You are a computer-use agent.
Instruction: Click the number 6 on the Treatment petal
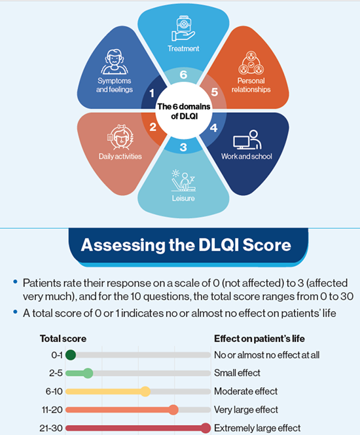[x=183, y=75]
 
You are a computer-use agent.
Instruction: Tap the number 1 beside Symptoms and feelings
[x=152, y=93]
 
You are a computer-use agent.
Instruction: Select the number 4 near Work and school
[x=213, y=128]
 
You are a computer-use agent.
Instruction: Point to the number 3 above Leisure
[x=183, y=147]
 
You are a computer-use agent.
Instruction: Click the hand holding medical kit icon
[x=183, y=29]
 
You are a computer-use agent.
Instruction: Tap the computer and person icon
[x=247, y=140]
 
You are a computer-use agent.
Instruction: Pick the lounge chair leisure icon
[x=183, y=181]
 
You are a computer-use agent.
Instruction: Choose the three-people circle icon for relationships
[x=251, y=63]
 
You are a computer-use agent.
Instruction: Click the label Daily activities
[x=120, y=157]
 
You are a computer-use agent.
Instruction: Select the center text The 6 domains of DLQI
[x=184, y=111]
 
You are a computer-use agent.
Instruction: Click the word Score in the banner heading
[x=266, y=245]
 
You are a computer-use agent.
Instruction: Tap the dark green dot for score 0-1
[x=71, y=355]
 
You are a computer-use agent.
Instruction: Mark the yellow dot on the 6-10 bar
[x=145, y=392]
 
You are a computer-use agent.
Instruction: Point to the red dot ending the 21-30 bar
[x=206, y=428]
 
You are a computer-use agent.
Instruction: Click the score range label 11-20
[x=52, y=409]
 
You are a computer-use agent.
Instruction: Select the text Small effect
[x=237, y=373]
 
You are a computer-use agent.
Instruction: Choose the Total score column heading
[x=63, y=339]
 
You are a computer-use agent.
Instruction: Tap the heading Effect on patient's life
[x=259, y=339]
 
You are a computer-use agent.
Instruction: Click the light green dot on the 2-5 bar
[x=88, y=373]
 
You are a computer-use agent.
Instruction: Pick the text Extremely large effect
[x=257, y=428]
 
